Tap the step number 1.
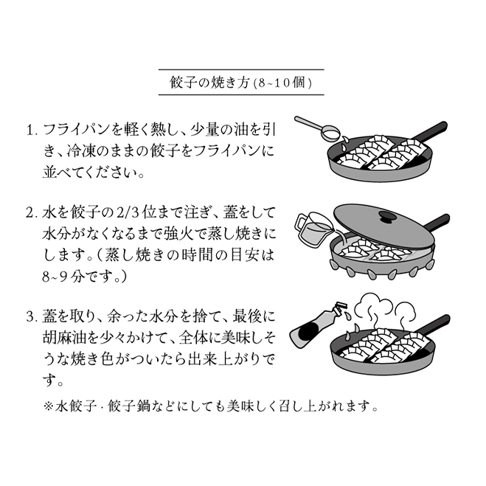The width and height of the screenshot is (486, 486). (x=32, y=131)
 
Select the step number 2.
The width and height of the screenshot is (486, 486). (x=32, y=213)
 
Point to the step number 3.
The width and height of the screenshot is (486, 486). (x=32, y=318)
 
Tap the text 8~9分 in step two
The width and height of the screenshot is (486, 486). (x=60, y=280)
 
